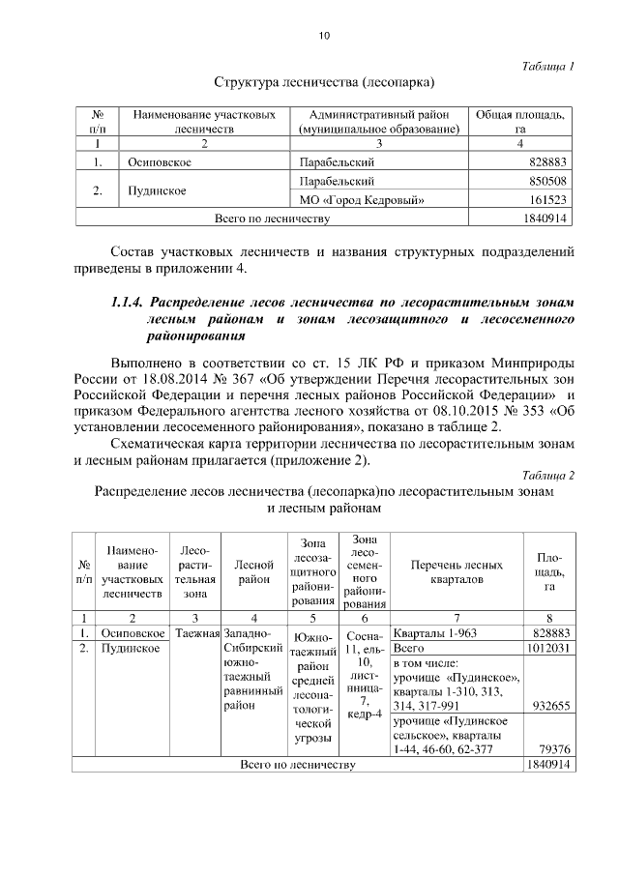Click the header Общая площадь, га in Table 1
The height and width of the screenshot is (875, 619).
point(520,121)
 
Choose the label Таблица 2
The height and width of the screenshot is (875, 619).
point(547,475)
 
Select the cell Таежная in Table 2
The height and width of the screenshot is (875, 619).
point(198,633)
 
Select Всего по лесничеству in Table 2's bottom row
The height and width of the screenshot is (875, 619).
point(297,765)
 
